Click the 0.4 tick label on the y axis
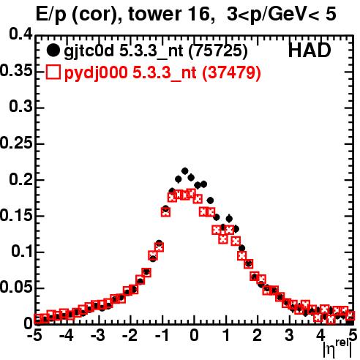point(20,34)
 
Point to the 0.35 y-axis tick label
point(16,71)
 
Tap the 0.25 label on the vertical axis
point(16,143)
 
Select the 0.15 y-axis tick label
point(16,215)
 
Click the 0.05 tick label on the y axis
point(16,287)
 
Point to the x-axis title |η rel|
point(338,348)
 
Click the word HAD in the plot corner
point(310,50)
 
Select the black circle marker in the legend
point(53,50)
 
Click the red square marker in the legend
point(53,72)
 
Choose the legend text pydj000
point(96,73)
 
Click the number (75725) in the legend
point(218,51)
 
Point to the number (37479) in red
point(231,72)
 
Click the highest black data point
point(185,171)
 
